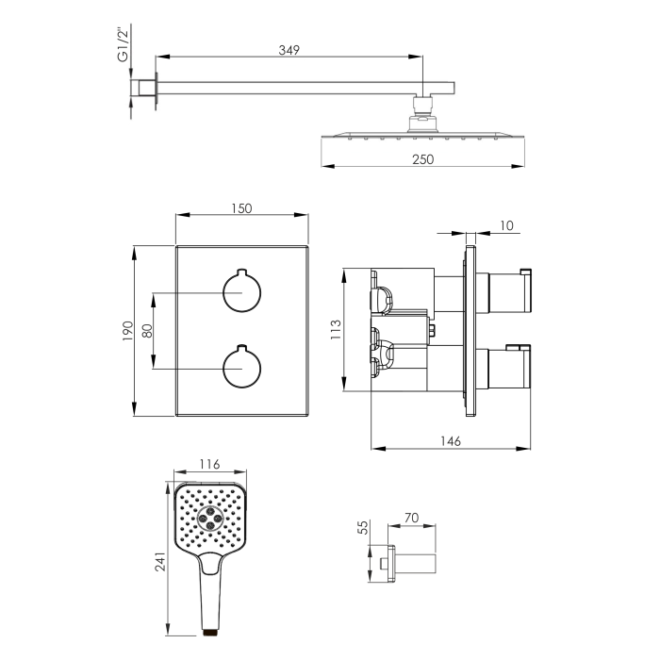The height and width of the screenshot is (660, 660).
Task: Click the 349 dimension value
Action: coord(289,50)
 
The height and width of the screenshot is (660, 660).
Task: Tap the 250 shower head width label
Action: coord(423,159)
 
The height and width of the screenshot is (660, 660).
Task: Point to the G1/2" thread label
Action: coord(123,44)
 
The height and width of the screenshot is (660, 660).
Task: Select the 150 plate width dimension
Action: coord(241,208)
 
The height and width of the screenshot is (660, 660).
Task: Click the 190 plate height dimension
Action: coord(128,331)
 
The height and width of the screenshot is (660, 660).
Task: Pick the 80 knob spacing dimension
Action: coord(147,330)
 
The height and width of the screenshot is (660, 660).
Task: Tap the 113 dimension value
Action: coord(336,330)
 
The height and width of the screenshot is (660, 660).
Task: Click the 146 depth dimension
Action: coord(451,441)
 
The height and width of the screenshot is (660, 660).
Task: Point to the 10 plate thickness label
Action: coord(507,225)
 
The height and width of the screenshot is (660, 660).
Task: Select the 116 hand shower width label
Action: coord(209,464)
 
